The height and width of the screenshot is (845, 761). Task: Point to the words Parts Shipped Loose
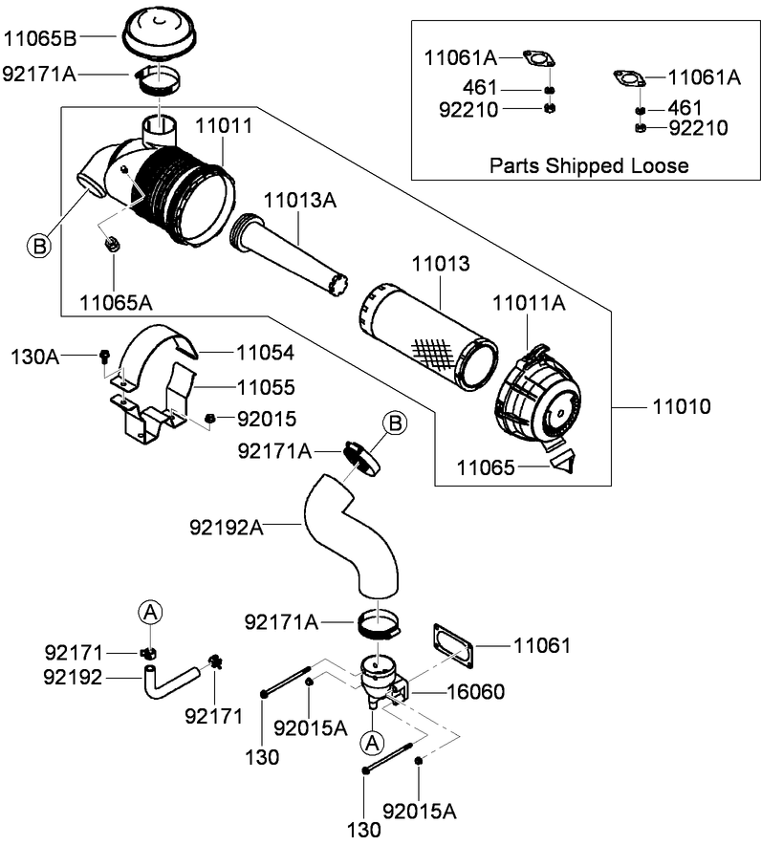(589, 165)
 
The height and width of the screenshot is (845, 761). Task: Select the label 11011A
(529, 304)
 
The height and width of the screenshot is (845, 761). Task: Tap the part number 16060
(474, 691)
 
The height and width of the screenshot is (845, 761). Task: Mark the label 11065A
(117, 303)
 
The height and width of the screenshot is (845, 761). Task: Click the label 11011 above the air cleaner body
(224, 124)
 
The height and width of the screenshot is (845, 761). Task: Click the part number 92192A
(226, 525)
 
